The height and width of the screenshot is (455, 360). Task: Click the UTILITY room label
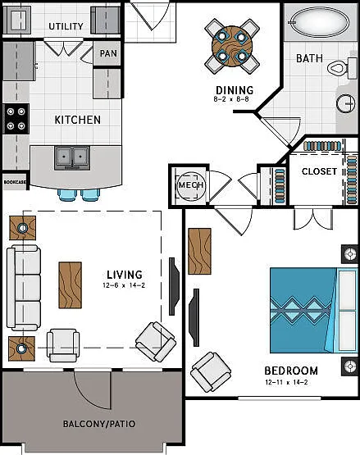pyautogui.click(x=66, y=26)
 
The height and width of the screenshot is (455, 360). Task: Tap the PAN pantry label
pyautogui.click(x=108, y=53)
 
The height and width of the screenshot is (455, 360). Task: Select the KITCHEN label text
pyautogui.click(x=78, y=120)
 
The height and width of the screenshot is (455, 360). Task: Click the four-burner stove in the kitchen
pyautogui.click(x=16, y=119)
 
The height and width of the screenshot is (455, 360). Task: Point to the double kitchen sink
pyautogui.click(x=72, y=157)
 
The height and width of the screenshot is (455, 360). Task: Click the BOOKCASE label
pyautogui.click(x=15, y=182)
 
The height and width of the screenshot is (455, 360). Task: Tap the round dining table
pyautogui.click(x=232, y=46)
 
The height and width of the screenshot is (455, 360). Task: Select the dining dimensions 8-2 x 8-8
pyautogui.click(x=231, y=99)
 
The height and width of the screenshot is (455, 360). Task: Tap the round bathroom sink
pyautogui.click(x=346, y=103)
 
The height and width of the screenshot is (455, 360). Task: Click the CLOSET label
pyautogui.click(x=319, y=171)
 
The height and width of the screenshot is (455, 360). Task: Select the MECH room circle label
pyautogui.click(x=190, y=185)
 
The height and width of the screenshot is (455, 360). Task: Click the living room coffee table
pyautogui.click(x=71, y=285)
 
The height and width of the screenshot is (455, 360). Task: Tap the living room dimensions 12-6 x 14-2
pyautogui.click(x=124, y=285)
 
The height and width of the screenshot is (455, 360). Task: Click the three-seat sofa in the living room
pyautogui.click(x=24, y=288)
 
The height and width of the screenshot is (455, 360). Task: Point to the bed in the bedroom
pyautogui.click(x=314, y=310)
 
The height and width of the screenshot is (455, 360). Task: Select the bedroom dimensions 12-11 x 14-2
pyautogui.click(x=286, y=383)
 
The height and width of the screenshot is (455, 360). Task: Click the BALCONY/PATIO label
pyautogui.click(x=99, y=424)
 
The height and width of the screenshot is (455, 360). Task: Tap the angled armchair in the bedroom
pyautogui.click(x=211, y=372)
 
